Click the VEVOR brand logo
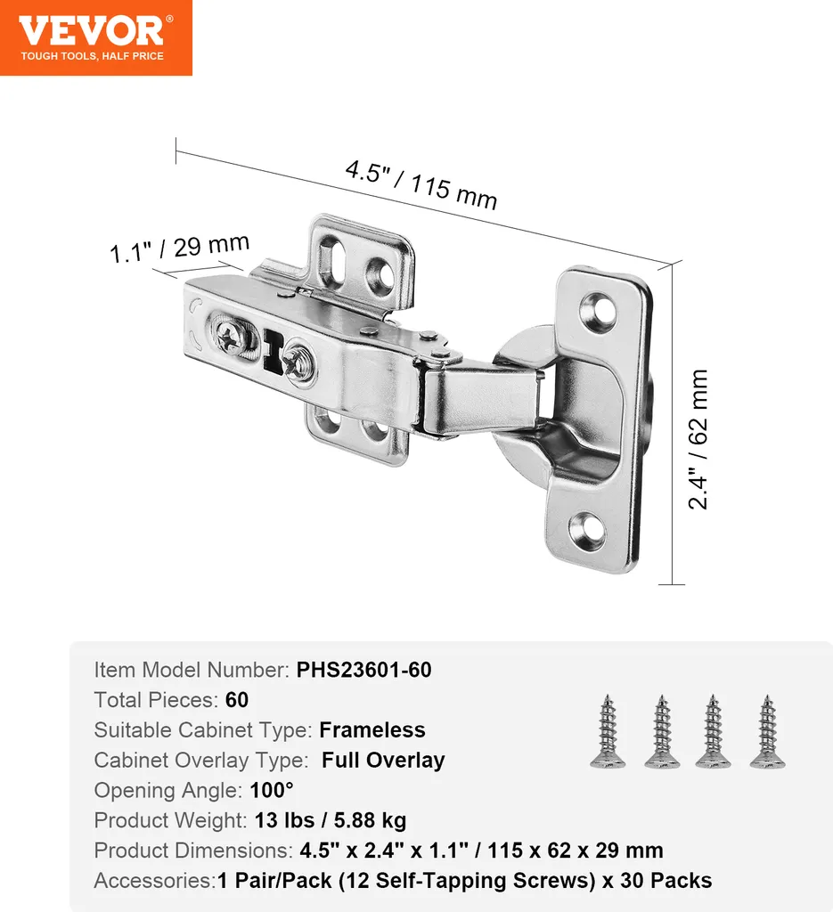(x=96, y=37)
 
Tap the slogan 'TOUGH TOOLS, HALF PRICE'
(x=93, y=56)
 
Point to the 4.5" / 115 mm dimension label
(x=421, y=184)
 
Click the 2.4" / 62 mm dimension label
(x=698, y=439)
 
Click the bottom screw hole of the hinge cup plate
(x=586, y=529)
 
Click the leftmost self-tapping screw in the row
(x=608, y=731)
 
